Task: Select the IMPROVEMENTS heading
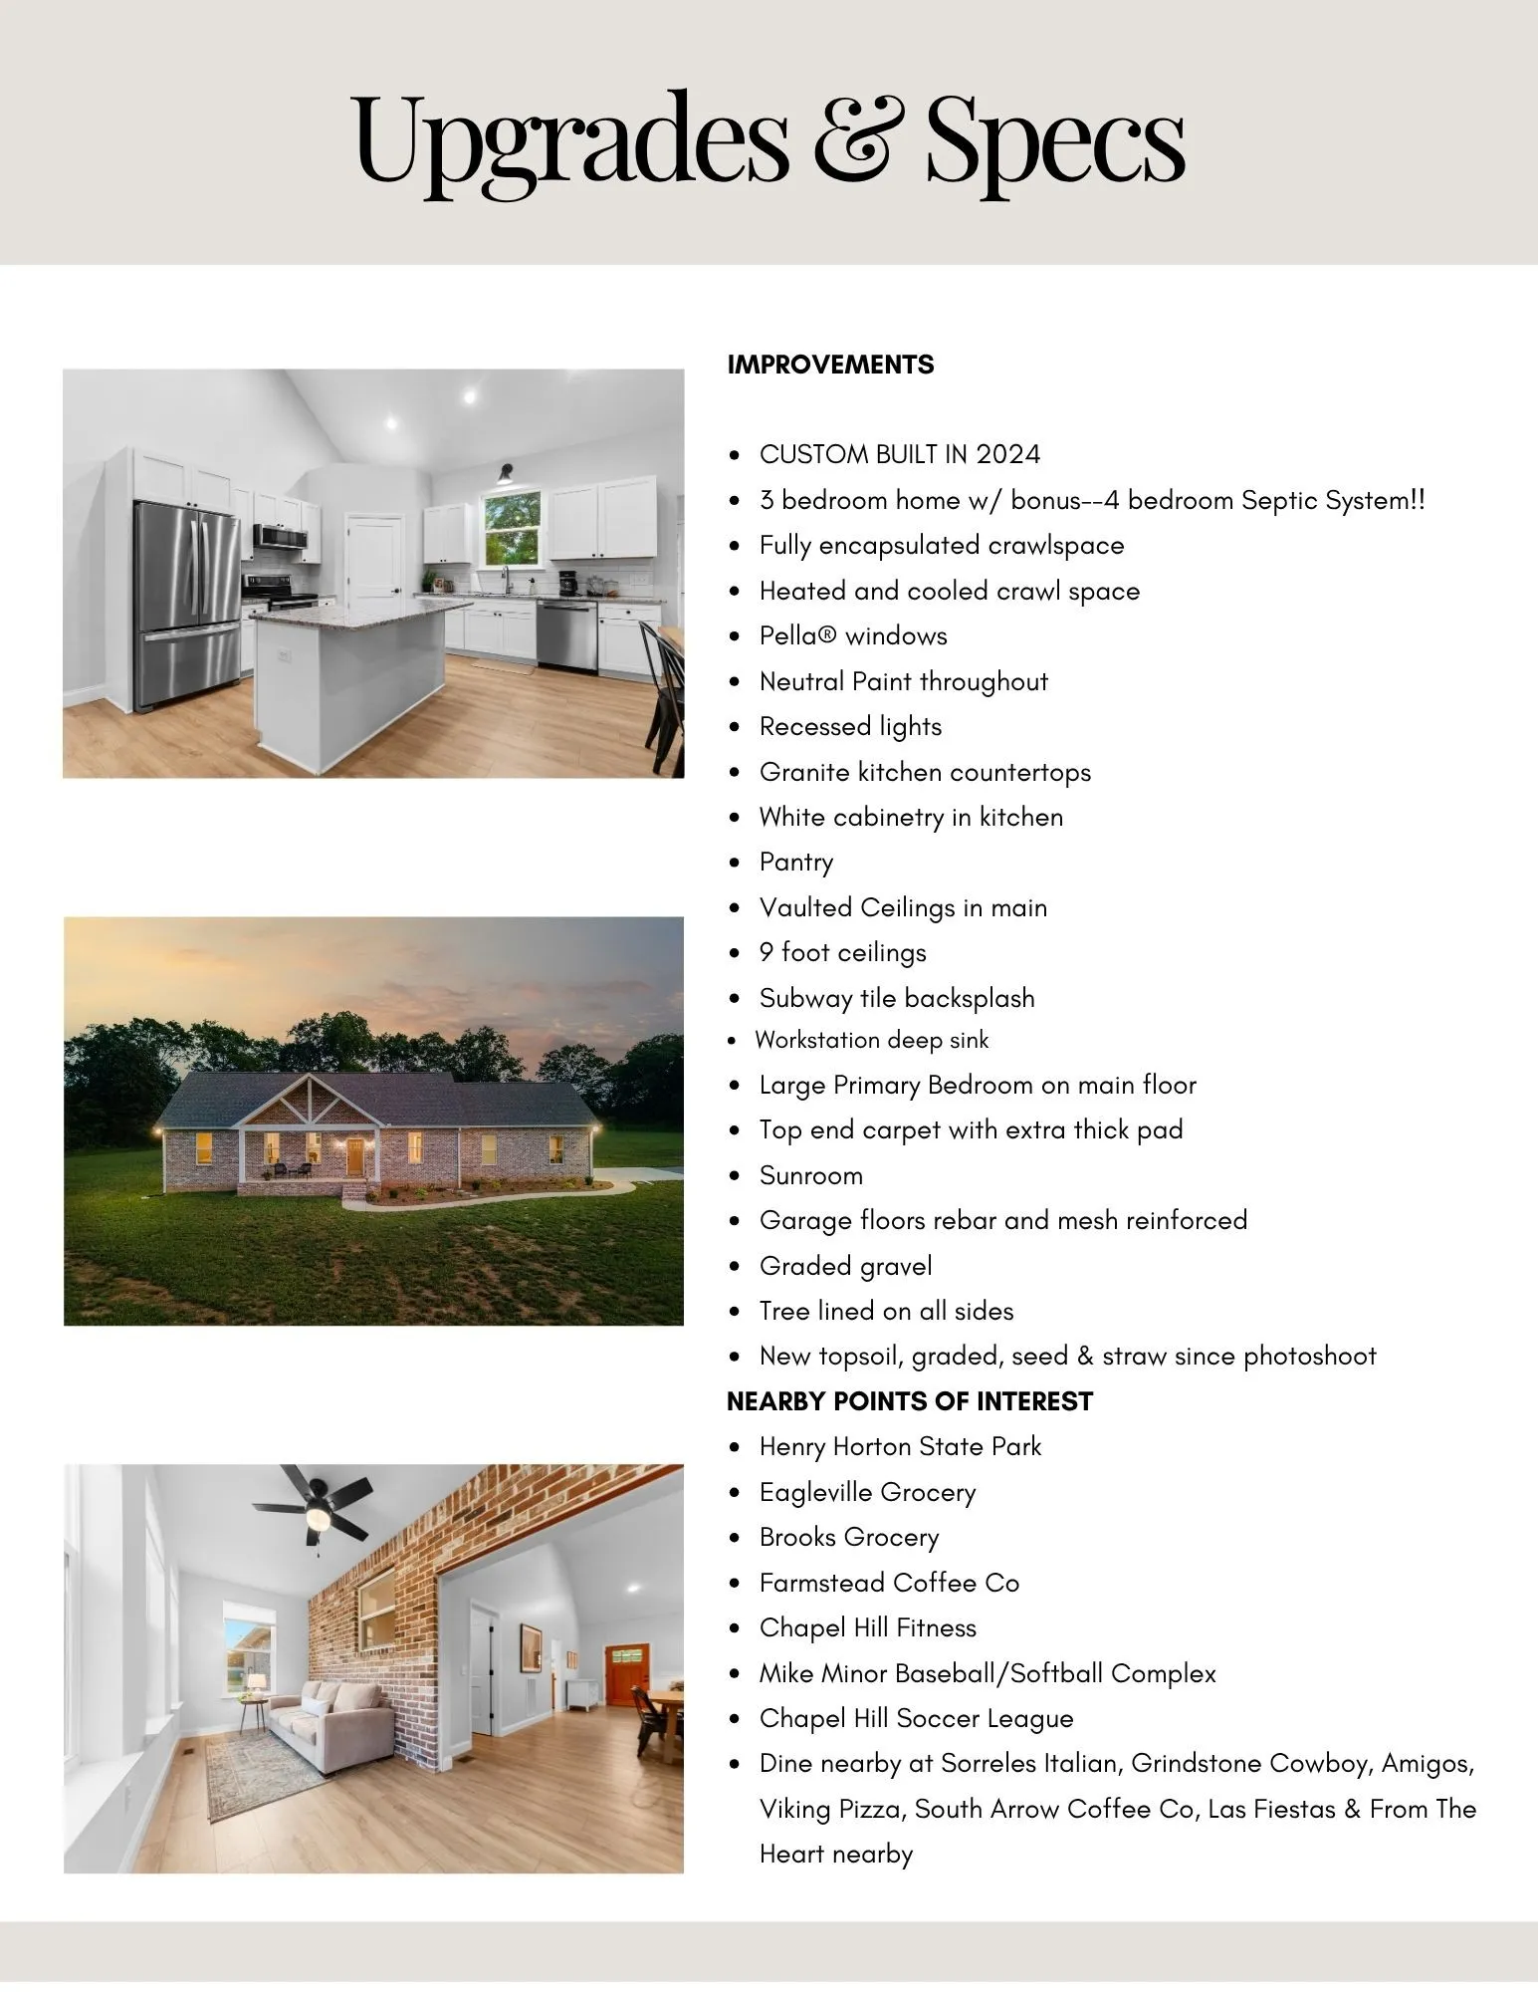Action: (x=830, y=365)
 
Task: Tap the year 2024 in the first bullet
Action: (x=1007, y=455)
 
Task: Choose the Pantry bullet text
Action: (x=796, y=863)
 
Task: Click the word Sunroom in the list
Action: (x=810, y=1176)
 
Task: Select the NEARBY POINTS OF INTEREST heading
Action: (x=909, y=1402)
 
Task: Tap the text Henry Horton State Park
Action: (x=900, y=1447)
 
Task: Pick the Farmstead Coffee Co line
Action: (x=889, y=1584)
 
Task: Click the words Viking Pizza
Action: (x=831, y=1810)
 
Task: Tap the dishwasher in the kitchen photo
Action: (x=567, y=633)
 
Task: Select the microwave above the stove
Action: (x=280, y=537)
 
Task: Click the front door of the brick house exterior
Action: (x=354, y=1156)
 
